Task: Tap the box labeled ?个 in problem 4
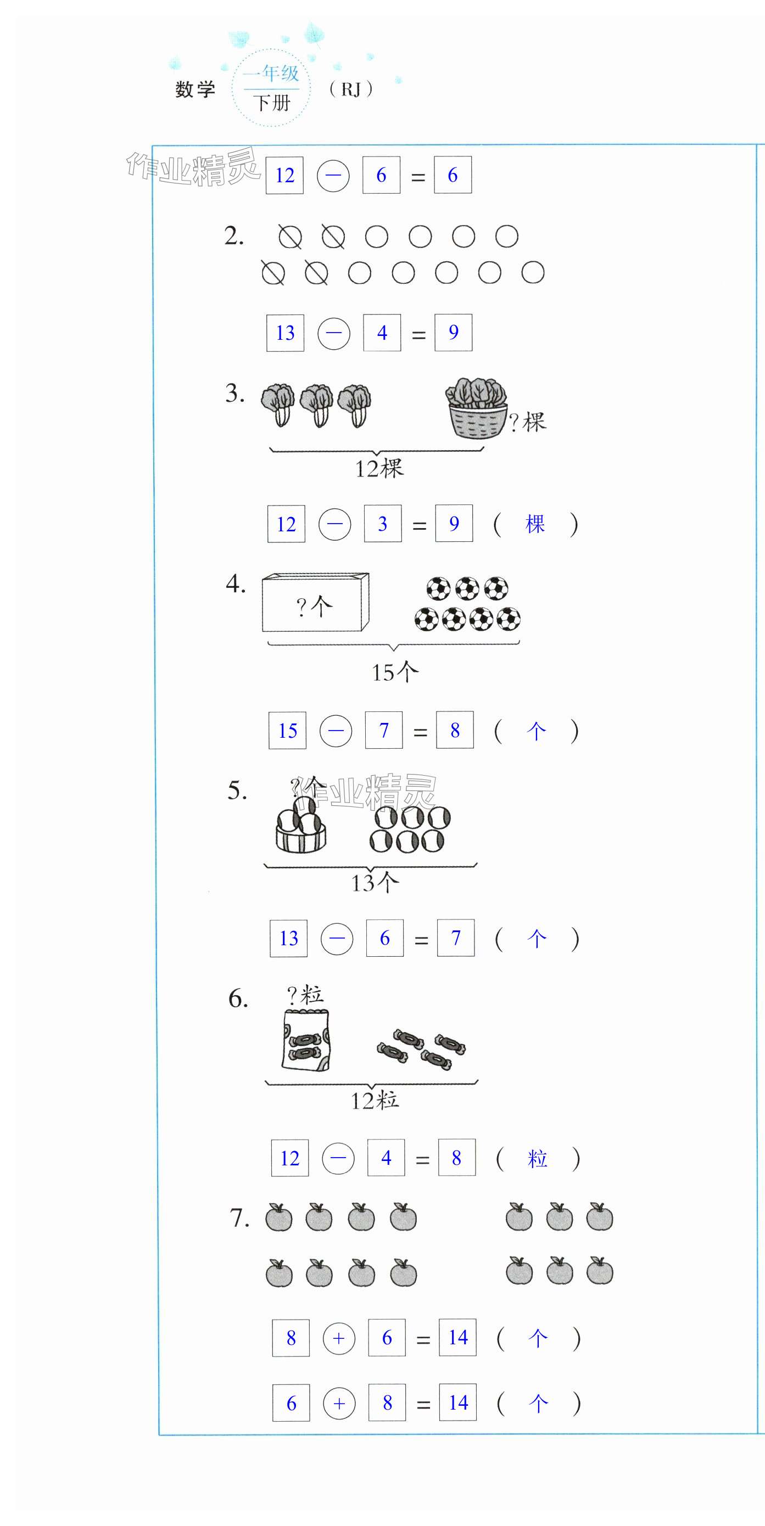click(x=316, y=602)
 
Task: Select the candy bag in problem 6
click(x=306, y=1040)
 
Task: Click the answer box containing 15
click(x=287, y=731)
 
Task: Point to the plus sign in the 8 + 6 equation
click(x=339, y=1338)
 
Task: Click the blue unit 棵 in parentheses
click(x=535, y=524)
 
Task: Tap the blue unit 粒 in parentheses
click(x=538, y=1158)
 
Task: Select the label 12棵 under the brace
click(x=379, y=469)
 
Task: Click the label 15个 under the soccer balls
click(x=395, y=672)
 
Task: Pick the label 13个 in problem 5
click(x=375, y=883)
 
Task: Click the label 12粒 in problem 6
click(x=375, y=1101)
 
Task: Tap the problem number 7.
click(x=239, y=1219)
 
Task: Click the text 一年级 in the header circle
click(x=271, y=74)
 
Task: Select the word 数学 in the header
click(x=196, y=89)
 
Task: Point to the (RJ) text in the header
click(x=351, y=89)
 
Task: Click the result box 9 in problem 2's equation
click(x=453, y=332)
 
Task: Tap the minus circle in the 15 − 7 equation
click(x=336, y=731)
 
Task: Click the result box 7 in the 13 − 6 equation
click(x=456, y=938)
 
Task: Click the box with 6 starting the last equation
click(x=291, y=1403)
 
